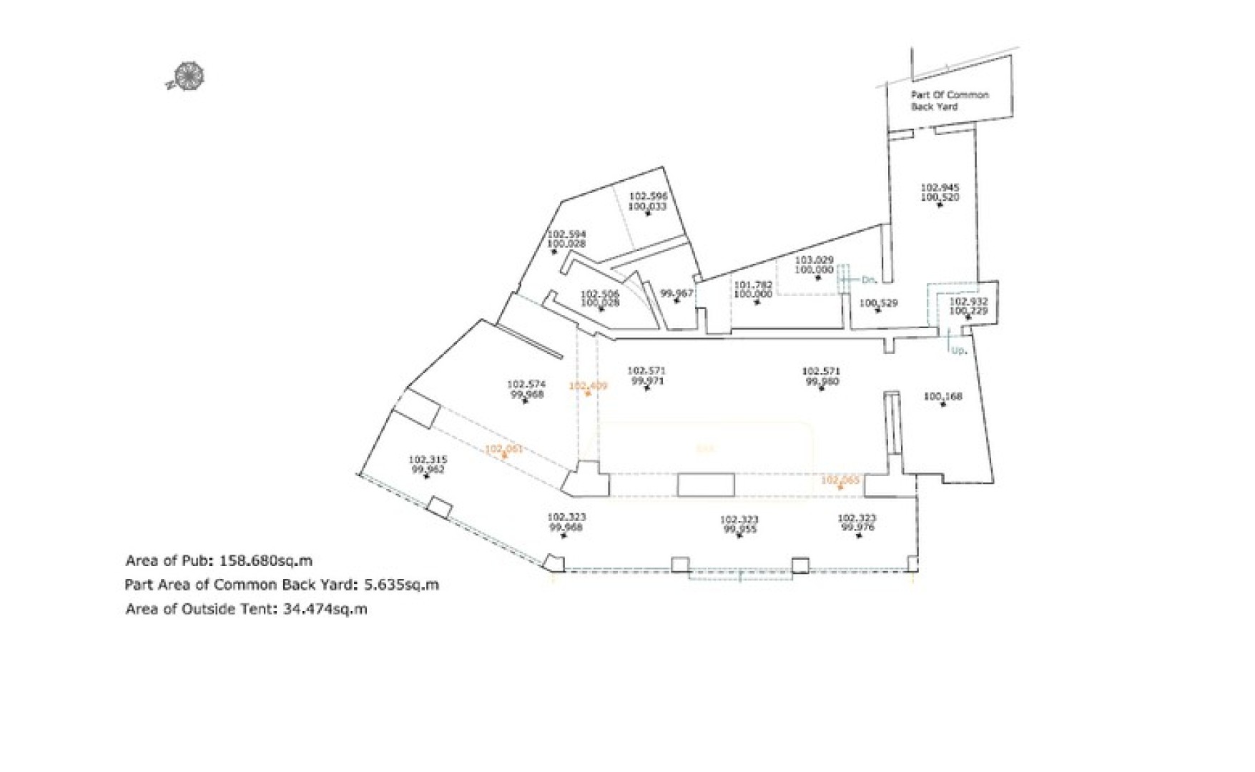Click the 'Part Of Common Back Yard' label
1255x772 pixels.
pos(949,100)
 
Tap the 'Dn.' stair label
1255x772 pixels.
pos(869,280)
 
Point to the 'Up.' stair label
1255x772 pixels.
pos(959,350)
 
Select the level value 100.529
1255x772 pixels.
pos(878,303)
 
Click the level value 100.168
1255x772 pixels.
pos(943,396)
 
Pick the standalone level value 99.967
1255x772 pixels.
pos(676,292)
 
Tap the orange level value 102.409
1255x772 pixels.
pos(588,386)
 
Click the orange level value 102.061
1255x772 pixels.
pos(504,449)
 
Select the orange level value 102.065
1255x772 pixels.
pos(840,480)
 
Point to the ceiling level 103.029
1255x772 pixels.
pos(814,260)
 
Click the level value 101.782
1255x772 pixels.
pos(753,284)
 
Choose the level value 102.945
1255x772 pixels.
pos(940,187)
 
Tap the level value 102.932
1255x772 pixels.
pos(968,302)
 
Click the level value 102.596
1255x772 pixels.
pos(648,196)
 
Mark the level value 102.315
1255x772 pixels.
pos(428,460)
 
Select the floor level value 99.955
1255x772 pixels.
pos(739,530)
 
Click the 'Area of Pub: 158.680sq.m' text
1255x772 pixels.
pos(219,560)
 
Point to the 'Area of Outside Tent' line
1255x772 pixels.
pos(246,609)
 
